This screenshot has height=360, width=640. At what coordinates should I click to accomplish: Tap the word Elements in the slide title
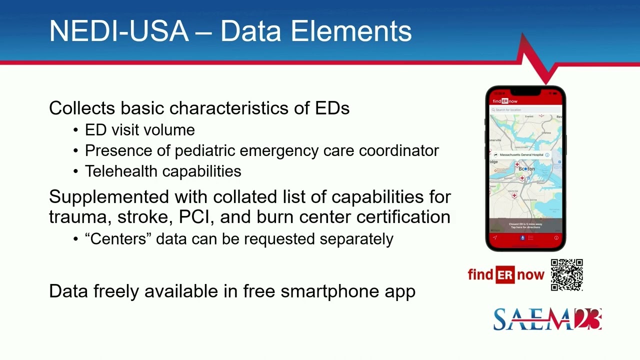click(x=351, y=31)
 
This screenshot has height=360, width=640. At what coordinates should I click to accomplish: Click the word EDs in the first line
click(x=332, y=108)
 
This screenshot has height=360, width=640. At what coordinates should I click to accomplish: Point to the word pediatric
click(x=205, y=150)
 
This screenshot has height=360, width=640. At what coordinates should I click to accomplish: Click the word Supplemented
click(x=109, y=197)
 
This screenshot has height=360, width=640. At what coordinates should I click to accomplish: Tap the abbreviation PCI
click(x=193, y=217)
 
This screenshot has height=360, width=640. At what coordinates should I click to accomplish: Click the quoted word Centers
click(x=118, y=239)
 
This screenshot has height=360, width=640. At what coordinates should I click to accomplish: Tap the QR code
click(x=566, y=275)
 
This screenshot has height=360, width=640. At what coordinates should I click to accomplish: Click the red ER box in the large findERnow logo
click(x=505, y=274)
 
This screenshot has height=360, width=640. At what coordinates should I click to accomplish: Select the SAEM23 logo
click(x=547, y=319)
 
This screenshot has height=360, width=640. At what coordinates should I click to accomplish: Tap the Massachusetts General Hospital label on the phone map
click(x=521, y=155)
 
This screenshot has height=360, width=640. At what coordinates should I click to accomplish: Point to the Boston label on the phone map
click(x=526, y=169)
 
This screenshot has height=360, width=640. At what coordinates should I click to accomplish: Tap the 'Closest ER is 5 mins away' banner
click(x=525, y=225)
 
